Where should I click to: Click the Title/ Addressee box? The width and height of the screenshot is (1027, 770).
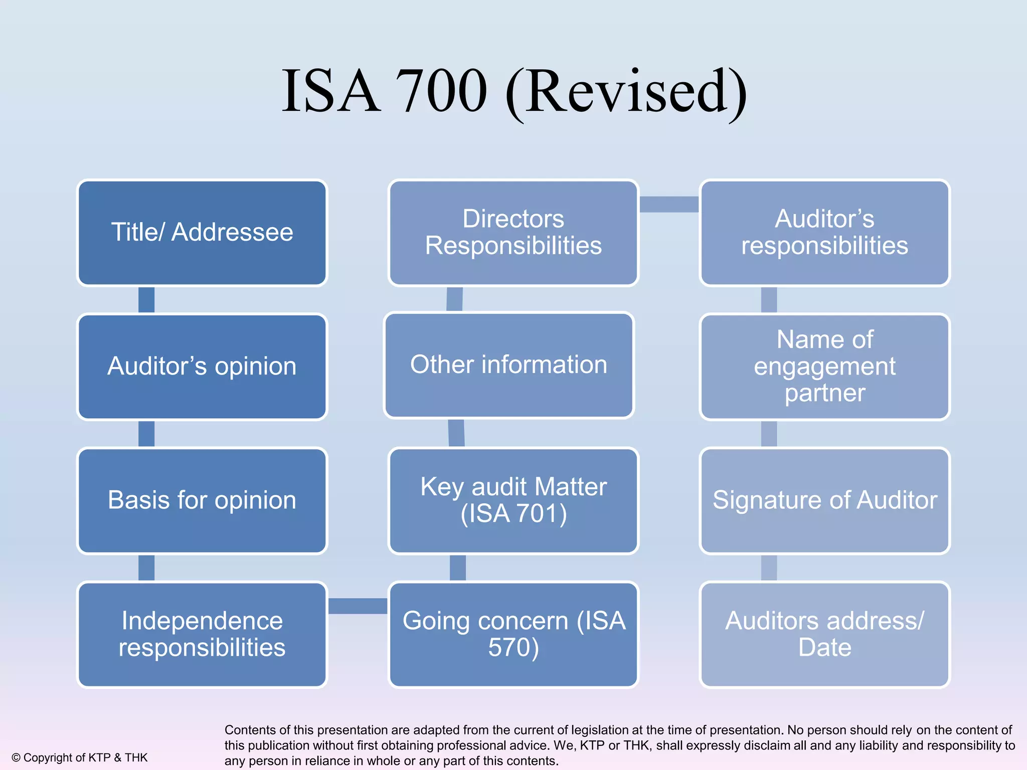202,233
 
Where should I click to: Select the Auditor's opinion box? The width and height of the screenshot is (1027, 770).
202,366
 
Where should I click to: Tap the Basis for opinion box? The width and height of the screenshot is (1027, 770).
202,500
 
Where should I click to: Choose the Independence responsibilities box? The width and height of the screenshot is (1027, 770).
202,634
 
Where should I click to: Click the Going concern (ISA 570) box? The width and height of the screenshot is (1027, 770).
513,634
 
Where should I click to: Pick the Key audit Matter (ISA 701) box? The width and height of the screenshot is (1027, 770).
513,500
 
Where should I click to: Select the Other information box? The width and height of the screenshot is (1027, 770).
508,365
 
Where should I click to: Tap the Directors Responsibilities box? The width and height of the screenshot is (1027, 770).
513,233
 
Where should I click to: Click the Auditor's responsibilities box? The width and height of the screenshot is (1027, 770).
824,233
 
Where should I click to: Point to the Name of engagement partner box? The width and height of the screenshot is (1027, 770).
824,366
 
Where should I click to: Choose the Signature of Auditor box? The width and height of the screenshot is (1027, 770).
824,500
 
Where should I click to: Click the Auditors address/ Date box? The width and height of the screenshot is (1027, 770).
824,634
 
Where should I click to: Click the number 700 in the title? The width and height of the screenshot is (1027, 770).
441,91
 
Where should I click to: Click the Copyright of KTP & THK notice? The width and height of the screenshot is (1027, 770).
80,757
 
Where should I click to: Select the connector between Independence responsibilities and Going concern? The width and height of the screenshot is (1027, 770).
358,606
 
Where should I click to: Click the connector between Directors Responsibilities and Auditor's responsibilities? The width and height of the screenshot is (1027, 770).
669,204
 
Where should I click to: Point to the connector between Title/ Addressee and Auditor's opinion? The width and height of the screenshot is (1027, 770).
146,300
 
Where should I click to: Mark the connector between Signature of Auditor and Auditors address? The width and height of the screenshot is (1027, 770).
769,567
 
